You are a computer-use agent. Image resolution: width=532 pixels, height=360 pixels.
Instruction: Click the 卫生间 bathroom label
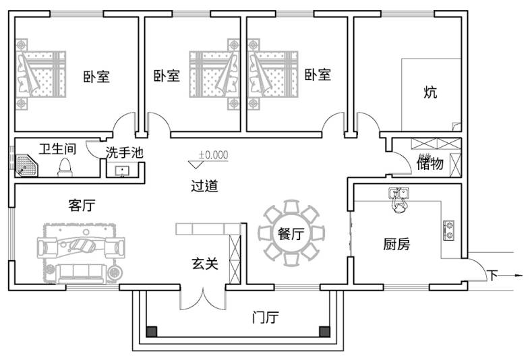[x=56, y=148]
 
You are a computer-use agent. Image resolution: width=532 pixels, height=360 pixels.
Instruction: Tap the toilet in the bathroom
[x=65, y=166]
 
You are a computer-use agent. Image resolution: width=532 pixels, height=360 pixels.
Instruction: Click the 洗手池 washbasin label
[x=125, y=152]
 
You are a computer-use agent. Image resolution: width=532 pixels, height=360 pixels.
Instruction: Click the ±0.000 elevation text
[x=213, y=154]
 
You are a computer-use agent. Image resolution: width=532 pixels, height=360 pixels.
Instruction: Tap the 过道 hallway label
[x=204, y=186]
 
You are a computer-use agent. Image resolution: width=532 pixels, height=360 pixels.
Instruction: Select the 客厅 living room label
[x=82, y=206]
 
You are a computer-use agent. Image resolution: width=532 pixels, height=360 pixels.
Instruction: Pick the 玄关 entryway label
[x=204, y=264]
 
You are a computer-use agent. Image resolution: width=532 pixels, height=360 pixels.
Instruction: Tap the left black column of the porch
[x=152, y=332]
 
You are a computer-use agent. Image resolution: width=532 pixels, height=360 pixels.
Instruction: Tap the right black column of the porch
[x=324, y=332]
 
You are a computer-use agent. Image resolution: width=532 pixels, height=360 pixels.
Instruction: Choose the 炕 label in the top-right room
[x=430, y=92]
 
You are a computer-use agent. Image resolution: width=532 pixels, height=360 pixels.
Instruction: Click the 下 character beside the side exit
[x=493, y=275]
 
